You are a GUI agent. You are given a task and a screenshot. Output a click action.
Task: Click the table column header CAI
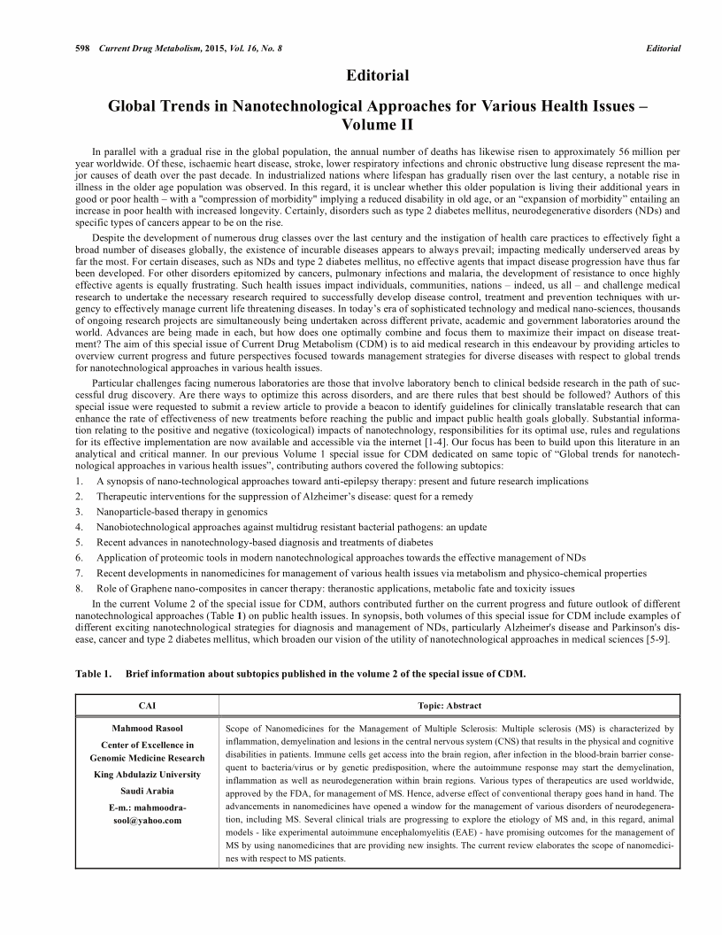point(148,706)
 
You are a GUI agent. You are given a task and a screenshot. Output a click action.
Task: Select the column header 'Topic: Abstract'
point(449,706)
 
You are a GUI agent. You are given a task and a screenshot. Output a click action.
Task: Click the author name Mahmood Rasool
point(147,729)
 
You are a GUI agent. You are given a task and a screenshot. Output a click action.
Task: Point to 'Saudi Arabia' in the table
point(147,790)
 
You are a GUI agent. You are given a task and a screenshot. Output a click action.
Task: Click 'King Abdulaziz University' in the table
point(147,775)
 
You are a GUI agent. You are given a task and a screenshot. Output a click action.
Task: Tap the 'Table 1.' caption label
point(94,674)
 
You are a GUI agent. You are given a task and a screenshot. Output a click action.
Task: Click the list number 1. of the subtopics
point(80,481)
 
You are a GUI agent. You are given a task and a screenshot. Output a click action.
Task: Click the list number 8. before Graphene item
point(80,587)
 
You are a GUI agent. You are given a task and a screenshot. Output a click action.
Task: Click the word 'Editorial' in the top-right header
point(663,48)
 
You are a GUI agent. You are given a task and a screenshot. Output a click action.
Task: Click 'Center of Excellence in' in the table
point(147,745)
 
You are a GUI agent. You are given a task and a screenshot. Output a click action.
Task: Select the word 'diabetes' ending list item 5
point(416,542)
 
